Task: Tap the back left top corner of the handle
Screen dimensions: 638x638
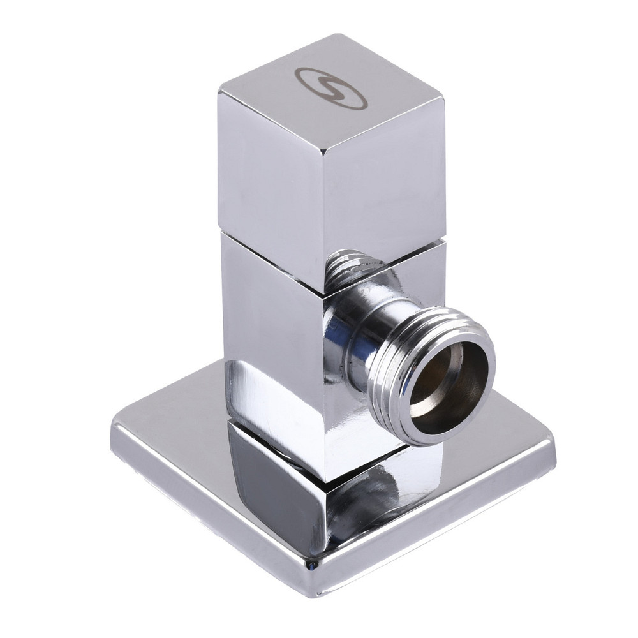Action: pos(219,93)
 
